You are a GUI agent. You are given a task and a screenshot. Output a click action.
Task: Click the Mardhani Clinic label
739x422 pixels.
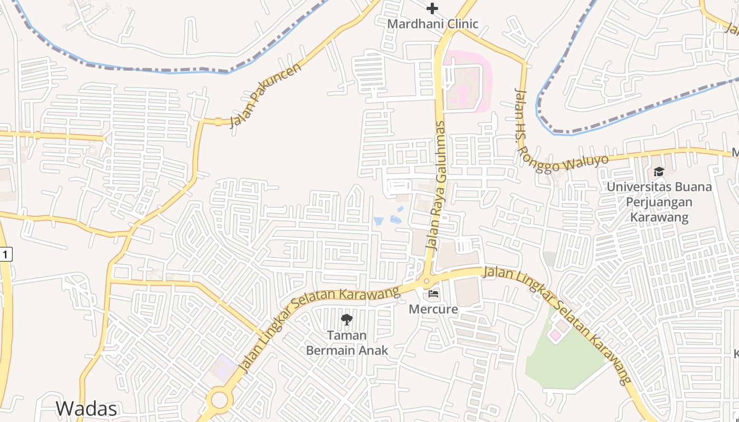click(x=432, y=24)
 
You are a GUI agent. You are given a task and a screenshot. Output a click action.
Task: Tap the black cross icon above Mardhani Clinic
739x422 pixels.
click(x=432, y=8)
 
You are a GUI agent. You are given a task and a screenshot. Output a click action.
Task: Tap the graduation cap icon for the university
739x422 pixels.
click(x=658, y=171)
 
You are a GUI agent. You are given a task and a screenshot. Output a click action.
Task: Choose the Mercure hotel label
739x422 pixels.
click(x=433, y=309)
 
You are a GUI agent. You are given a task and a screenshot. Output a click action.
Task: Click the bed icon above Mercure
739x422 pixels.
click(x=433, y=293)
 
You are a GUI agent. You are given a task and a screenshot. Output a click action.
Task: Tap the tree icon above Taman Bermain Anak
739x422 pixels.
click(x=346, y=319)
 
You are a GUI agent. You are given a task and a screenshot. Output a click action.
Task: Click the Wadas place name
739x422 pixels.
click(x=86, y=408)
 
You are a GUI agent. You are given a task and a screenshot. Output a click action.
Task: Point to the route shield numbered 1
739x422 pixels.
click(x=5, y=255)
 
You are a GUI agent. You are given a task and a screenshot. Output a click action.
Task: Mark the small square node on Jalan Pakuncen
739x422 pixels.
click(x=218, y=122)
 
